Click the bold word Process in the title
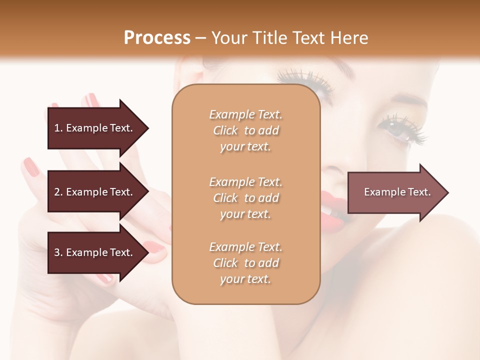(157, 38)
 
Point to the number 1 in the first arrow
(56, 128)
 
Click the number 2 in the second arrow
(56, 192)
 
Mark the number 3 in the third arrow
(56, 252)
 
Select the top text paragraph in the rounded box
(245, 130)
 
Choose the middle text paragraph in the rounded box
(245, 197)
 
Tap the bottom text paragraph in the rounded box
(245, 263)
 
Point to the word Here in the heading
(351, 38)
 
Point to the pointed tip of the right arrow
(447, 192)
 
